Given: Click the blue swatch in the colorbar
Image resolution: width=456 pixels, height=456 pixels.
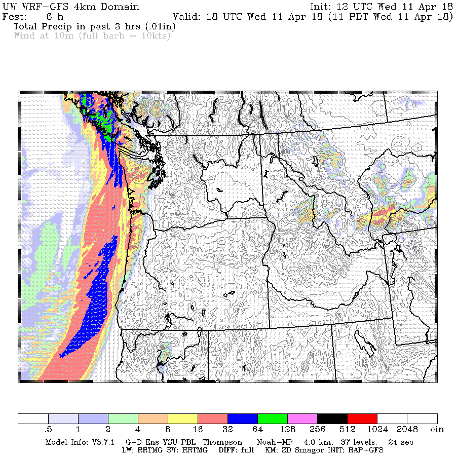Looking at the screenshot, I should tap(243, 419).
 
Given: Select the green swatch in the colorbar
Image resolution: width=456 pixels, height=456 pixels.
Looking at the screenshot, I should tap(273, 419).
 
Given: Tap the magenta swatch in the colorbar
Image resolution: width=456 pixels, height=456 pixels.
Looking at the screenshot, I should tap(302, 419).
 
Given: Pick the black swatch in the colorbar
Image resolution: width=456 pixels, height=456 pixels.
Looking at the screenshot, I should tap(332, 419).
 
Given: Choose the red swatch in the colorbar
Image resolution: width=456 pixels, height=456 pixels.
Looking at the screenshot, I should tap(362, 419).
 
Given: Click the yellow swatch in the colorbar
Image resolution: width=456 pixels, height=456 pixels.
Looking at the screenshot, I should tap(183, 419).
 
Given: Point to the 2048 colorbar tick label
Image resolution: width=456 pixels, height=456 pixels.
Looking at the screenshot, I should tap(407, 430).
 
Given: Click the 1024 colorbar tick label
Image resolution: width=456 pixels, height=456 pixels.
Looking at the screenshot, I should tap(377, 430).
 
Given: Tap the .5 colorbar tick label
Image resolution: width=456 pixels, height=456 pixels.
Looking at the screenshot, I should tap(49, 430).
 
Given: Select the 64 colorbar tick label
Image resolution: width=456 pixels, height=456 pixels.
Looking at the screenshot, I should tap(257, 430).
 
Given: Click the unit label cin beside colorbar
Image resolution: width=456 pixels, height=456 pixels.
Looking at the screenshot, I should tap(437, 430).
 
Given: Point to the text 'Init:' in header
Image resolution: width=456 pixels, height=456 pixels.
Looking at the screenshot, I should tap(323, 7).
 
